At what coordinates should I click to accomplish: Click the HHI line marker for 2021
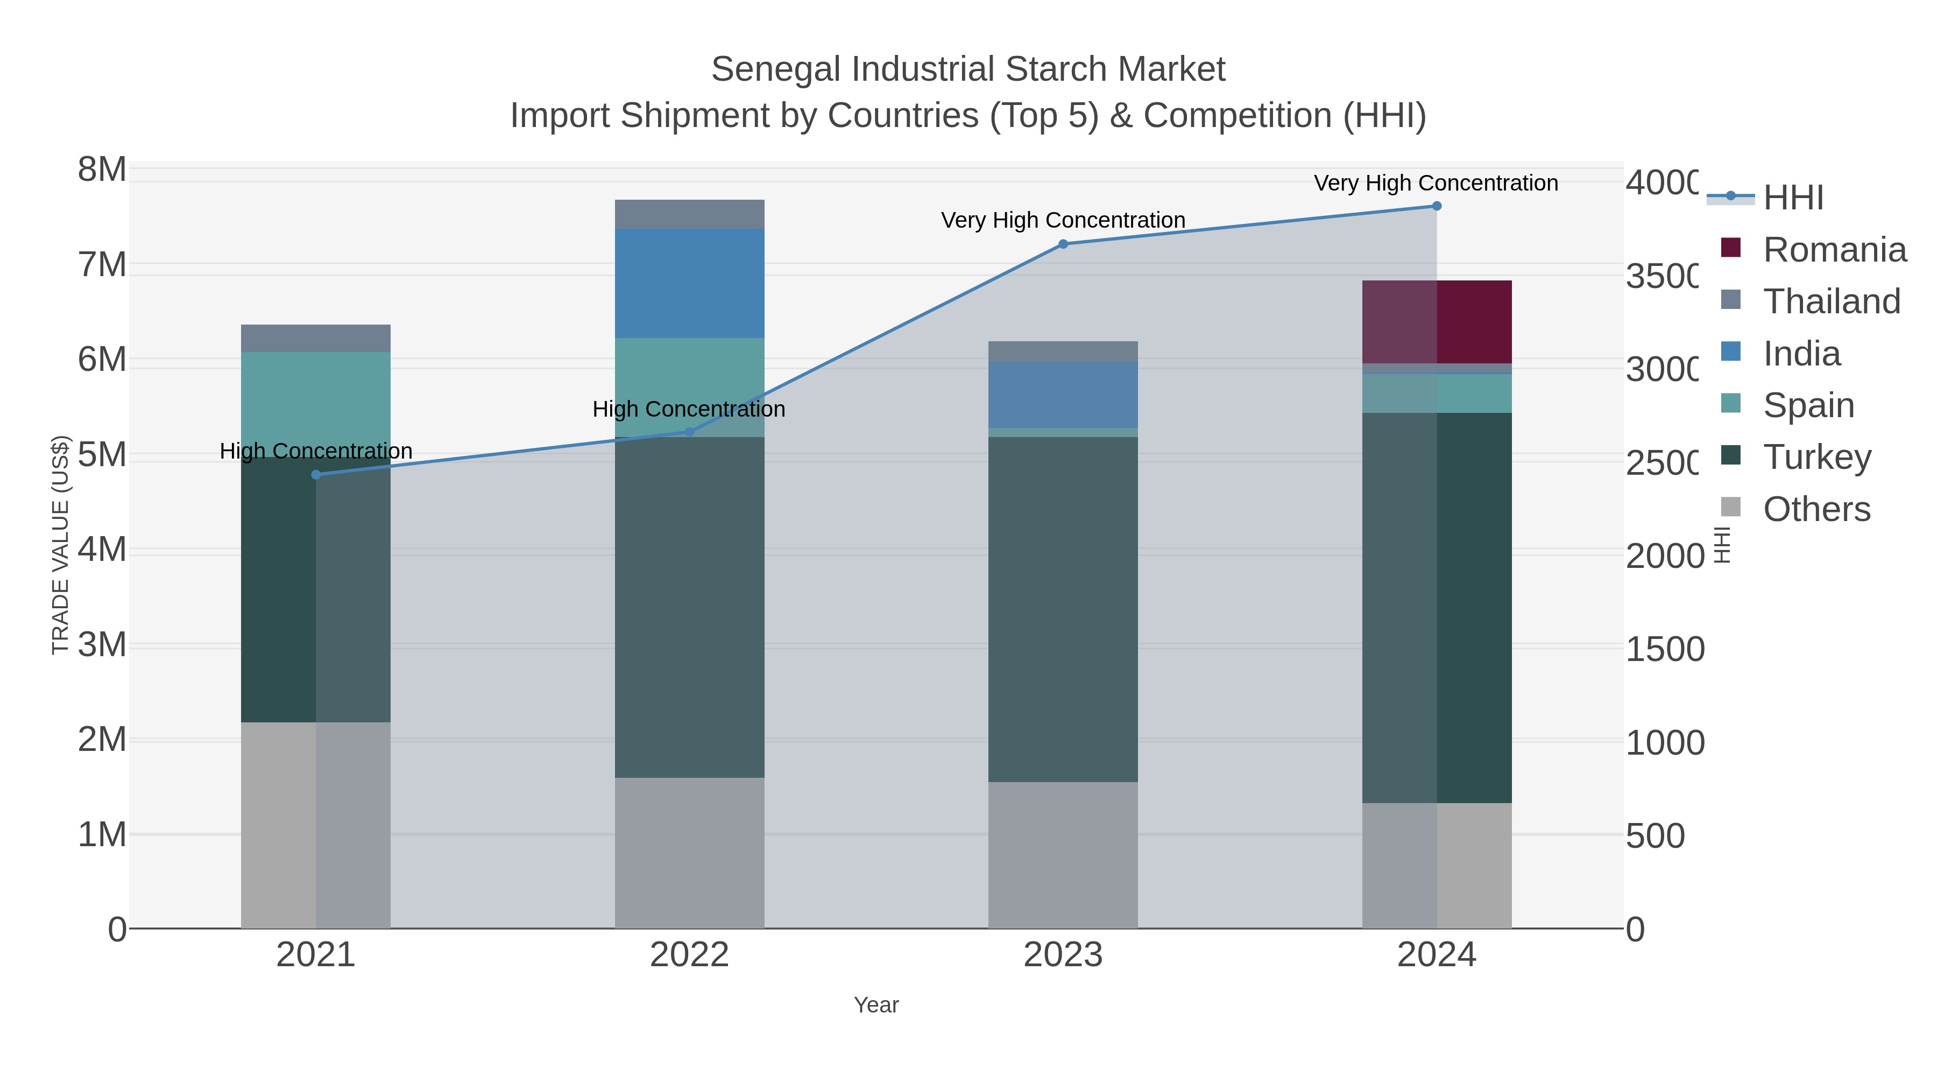[x=316, y=475]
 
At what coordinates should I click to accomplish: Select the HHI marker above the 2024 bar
[x=1436, y=206]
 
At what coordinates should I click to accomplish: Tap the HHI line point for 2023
[x=1063, y=244]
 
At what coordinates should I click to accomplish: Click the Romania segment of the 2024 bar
[x=1436, y=322]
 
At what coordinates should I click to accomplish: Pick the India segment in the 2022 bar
[x=690, y=283]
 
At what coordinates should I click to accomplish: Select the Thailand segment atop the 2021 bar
[x=316, y=339]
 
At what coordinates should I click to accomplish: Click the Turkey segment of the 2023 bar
[x=1063, y=609]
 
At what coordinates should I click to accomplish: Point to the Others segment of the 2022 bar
[x=690, y=852]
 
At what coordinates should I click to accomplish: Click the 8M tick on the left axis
[x=102, y=170]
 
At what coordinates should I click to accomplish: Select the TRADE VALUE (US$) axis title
[x=60, y=545]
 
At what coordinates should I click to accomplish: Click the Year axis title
[x=876, y=1005]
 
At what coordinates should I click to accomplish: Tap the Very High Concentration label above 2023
[x=1063, y=220]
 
